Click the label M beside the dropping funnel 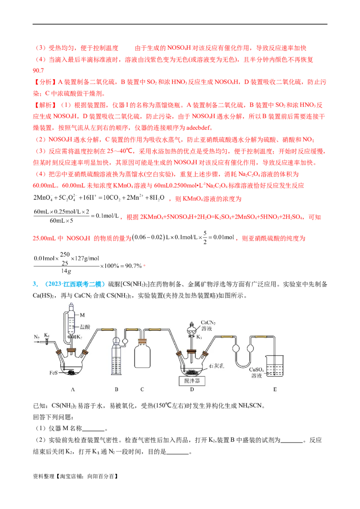coord(82,315)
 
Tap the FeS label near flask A coord(53,373)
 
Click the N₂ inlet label coord(36,337)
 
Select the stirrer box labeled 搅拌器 coord(192,381)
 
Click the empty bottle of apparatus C coord(142,354)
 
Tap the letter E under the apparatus coord(275,389)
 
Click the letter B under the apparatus coord(116,389)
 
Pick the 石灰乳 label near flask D coord(216,366)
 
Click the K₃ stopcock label coord(199,337)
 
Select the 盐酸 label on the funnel coord(85,326)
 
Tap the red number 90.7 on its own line coord(38,71)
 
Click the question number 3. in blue coord(35,284)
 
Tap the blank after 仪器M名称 coord(94,429)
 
